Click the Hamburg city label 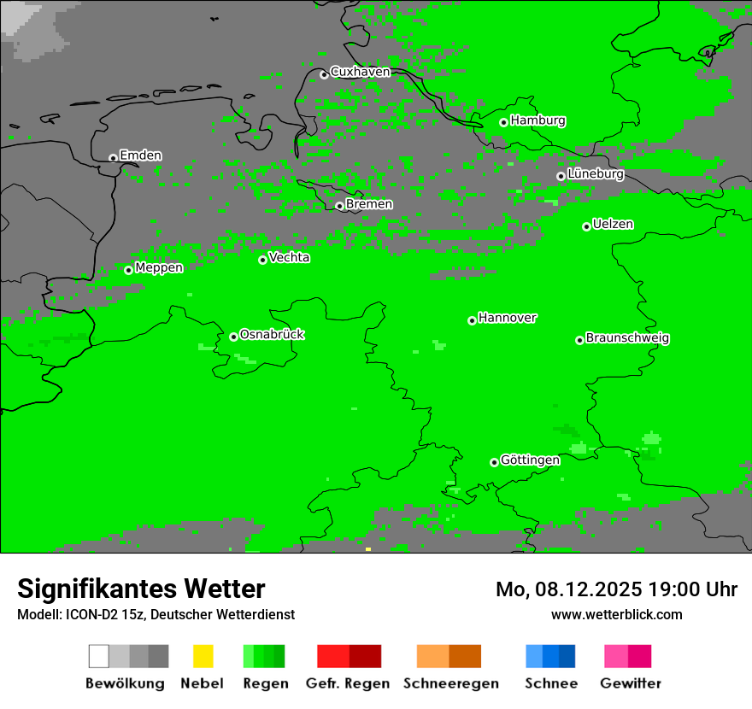[538, 120]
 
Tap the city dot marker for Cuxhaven [324, 74]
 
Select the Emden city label [140, 155]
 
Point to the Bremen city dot [339, 206]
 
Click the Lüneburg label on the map [596, 174]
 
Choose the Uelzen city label [613, 225]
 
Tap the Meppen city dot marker [128, 270]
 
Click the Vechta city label [290, 257]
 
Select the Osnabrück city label [272, 335]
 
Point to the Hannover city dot [472, 320]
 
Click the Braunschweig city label [627, 338]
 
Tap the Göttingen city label [530, 460]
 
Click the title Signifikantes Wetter [141, 589]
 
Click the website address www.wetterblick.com [616, 615]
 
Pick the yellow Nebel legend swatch [203, 656]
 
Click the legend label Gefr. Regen [348, 683]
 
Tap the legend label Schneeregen [450, 683]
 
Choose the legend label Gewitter [631, 683]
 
